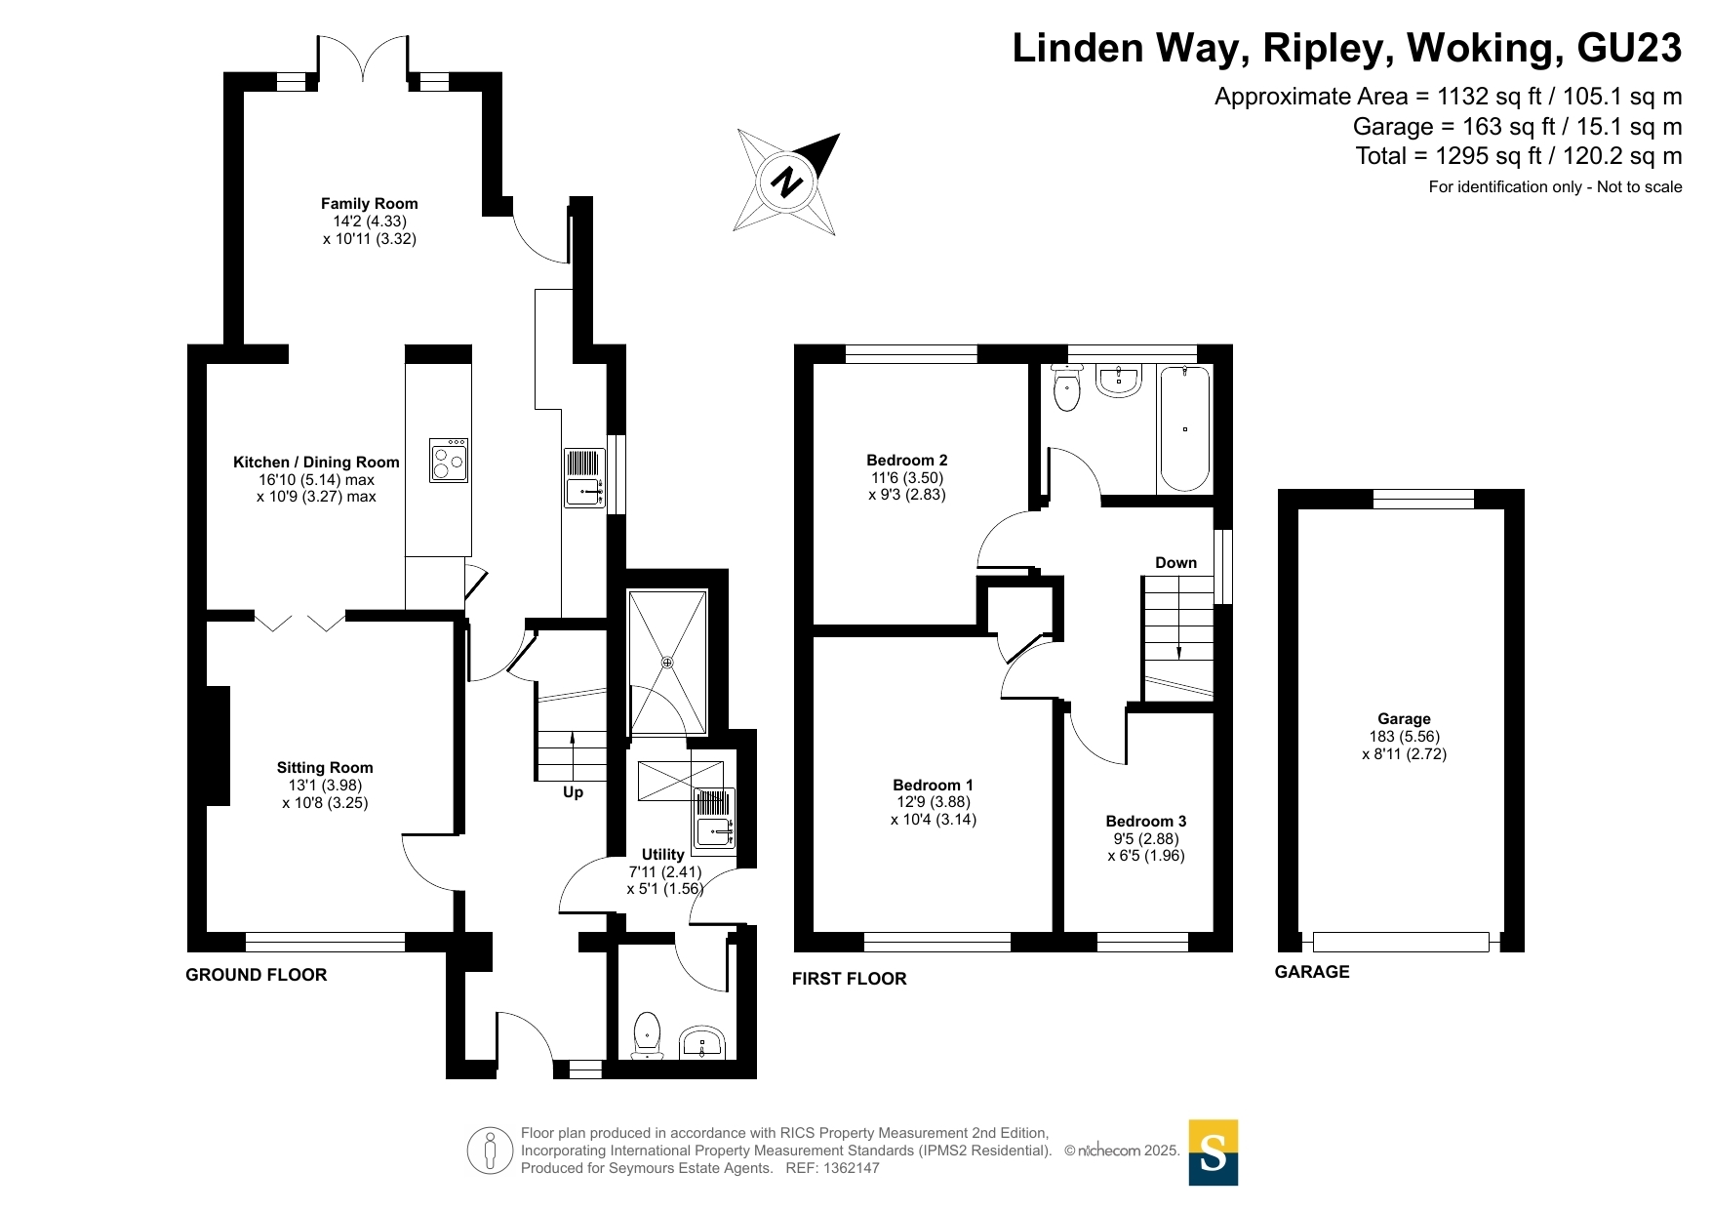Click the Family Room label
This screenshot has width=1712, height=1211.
[369, 204]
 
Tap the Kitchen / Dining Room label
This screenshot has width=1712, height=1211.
[316, 463]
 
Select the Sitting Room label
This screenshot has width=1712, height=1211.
[325, 768]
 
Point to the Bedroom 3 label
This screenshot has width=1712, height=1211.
[1145, 822]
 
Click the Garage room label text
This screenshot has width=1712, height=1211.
[1404, 719]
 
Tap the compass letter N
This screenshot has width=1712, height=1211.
[786, 182]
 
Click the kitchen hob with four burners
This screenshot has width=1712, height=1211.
[449, 461]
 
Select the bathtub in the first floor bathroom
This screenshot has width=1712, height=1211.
[1184, 429]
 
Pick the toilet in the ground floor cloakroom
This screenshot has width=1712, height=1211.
[648, 1034]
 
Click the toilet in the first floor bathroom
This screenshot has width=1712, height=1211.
[1067, 389]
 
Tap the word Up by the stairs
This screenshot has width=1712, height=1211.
[573, 792]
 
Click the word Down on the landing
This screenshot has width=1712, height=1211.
[1175, 563]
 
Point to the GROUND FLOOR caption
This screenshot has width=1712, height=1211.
[257, 975]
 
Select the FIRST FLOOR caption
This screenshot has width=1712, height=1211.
[849, 979]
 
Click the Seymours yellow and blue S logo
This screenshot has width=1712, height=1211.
[1213, 1152]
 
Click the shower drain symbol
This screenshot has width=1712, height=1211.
[667, 663]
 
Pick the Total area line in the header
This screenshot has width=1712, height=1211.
[1518, 156]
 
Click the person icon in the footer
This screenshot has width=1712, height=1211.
[490, 1150]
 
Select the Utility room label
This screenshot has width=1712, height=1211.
[662, 855]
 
